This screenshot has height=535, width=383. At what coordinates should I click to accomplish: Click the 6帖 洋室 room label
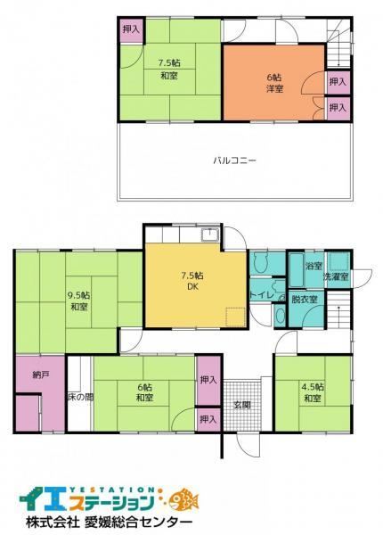274,83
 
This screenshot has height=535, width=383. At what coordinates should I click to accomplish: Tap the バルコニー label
234,160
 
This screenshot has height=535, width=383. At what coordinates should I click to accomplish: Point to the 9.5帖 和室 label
79,300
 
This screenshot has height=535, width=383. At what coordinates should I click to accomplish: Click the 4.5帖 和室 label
313,392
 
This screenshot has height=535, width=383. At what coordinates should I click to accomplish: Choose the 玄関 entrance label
242,405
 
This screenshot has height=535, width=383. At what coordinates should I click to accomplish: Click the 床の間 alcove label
79,397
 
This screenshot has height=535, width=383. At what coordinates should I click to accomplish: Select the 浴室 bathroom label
314,266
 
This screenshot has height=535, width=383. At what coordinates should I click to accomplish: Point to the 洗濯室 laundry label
337,276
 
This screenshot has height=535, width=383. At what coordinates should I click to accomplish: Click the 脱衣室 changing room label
305,300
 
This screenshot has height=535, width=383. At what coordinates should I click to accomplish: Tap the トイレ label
261,295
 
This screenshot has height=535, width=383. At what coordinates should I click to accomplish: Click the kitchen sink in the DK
209,235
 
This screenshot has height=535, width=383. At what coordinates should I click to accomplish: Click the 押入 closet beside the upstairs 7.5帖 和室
131,29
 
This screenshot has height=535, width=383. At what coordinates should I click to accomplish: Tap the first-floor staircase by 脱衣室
338,309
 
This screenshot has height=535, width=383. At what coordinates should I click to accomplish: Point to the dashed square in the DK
236,317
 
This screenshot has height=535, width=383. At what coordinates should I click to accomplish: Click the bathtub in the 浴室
296,269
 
